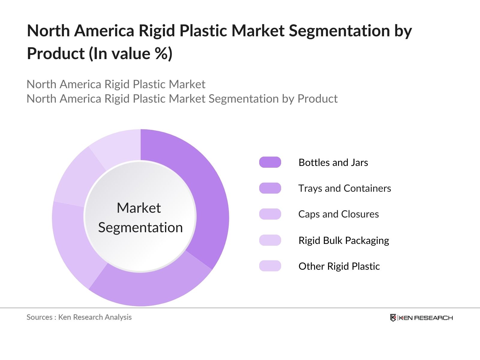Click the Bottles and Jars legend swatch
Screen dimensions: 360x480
point(270,162)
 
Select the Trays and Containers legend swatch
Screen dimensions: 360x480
point(270,188)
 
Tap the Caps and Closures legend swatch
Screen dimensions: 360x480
point(270,214)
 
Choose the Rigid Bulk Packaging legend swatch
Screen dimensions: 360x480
point(270,240)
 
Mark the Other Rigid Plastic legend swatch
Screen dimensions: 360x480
point(270,266)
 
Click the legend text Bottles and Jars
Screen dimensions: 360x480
point(333,162)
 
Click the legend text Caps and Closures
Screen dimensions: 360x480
point(338,214)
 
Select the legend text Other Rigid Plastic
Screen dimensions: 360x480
point(339,266)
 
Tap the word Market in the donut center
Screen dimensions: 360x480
point(139,208)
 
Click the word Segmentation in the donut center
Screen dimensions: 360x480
point(140,227)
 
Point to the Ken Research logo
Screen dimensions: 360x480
point(421,318)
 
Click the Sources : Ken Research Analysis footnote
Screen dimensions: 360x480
point(79,317)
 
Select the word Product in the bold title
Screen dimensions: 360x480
point(56,54)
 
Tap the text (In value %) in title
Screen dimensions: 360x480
point(130,54)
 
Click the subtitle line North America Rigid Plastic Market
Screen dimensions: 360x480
point(116,84)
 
